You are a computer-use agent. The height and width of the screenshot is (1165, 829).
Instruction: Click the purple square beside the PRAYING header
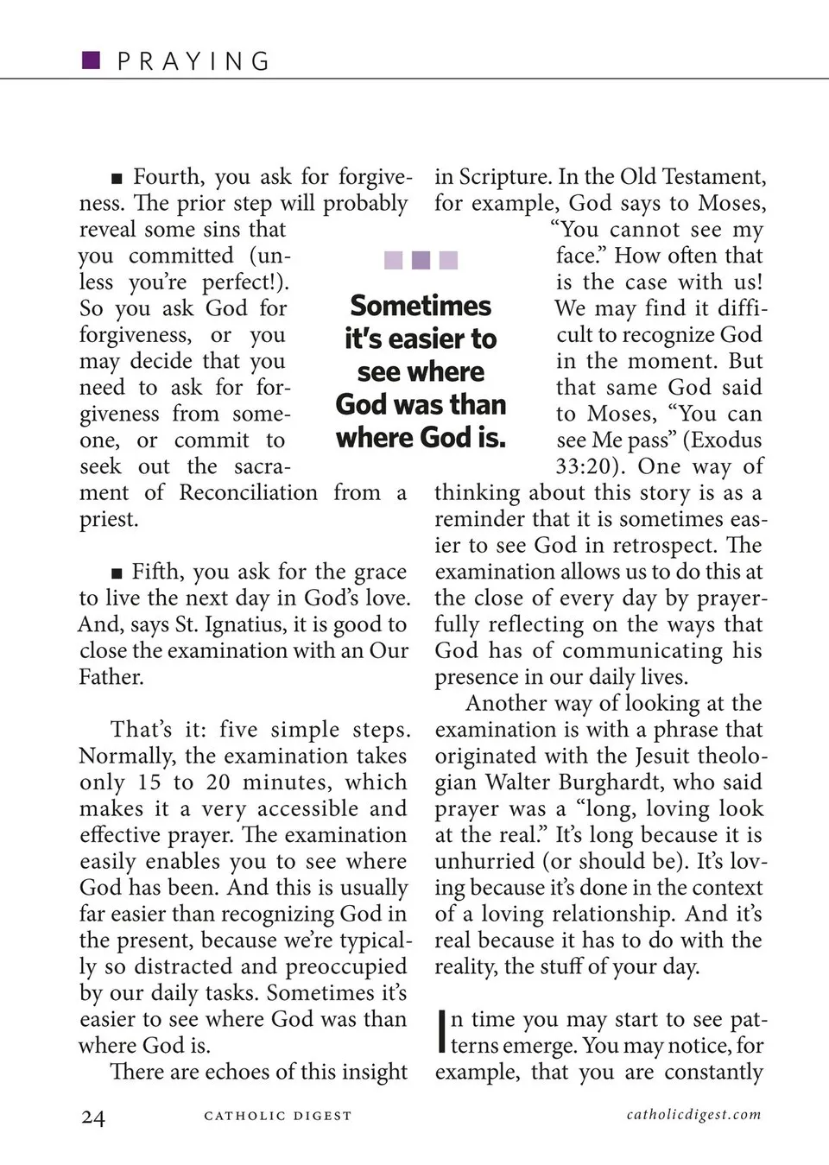point(91,60)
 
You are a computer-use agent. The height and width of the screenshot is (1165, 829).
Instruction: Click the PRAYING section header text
point(193,61)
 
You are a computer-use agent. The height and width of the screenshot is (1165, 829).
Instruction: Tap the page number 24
point(92,1118)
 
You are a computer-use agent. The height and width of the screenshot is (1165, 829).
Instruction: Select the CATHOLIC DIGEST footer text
point(278,1116)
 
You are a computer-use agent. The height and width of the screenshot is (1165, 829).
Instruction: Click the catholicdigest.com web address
point(694,1114)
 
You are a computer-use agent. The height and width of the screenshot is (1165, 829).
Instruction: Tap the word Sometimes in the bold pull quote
point(421,306)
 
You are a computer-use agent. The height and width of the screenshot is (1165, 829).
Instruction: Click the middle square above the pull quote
point(421,260)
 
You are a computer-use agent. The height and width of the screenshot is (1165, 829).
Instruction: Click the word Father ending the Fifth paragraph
point(111,677)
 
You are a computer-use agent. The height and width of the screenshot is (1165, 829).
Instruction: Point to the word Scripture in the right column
point(504,177)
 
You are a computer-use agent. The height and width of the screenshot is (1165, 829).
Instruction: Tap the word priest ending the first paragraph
point(109,520)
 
